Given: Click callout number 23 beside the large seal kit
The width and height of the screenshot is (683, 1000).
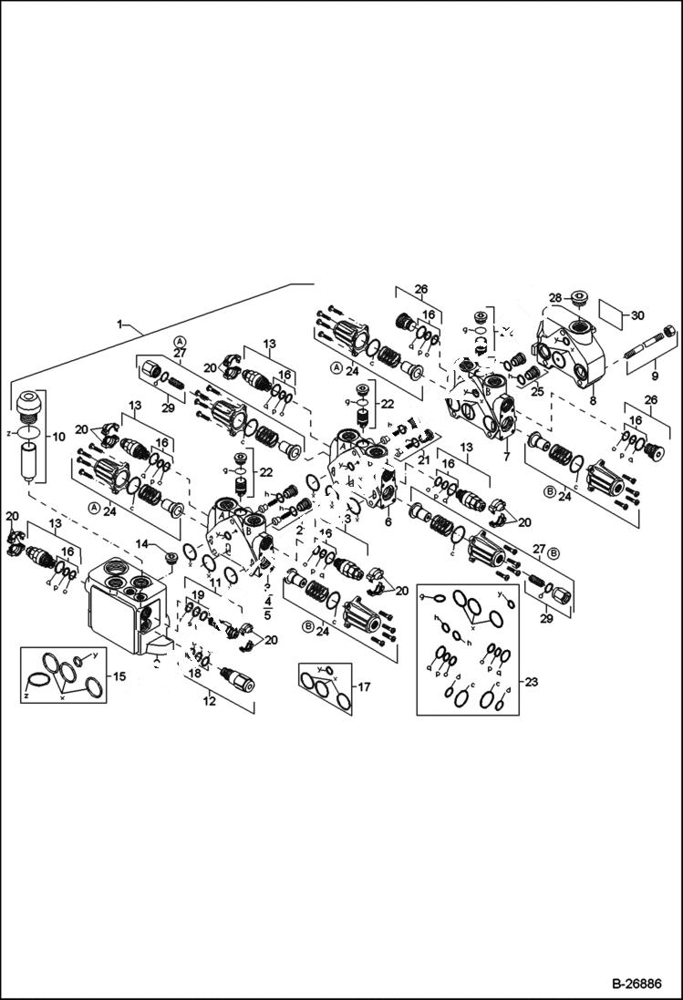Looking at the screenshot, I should click(532, 681).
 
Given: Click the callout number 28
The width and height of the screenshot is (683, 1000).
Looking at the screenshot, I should click(554, 298).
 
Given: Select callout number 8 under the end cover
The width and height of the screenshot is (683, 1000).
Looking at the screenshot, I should click(591, 398).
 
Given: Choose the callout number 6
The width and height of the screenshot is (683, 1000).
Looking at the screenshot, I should click(388, 522).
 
